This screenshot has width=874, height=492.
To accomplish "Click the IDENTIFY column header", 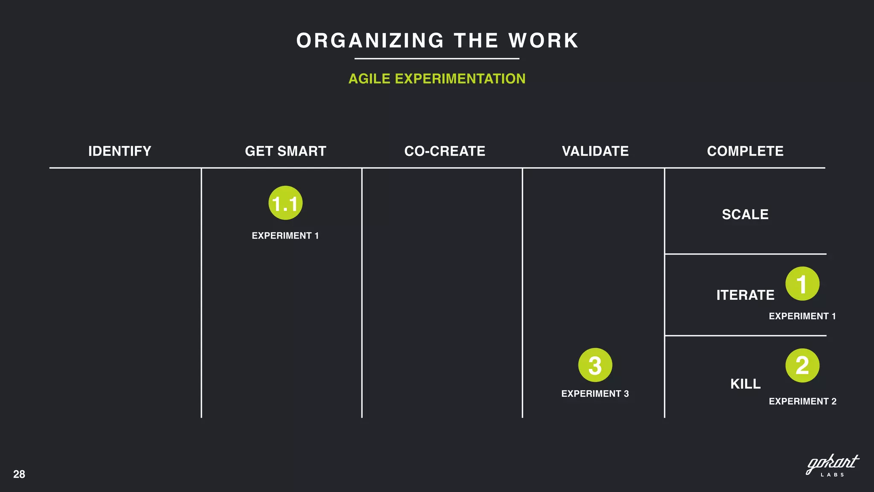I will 119,151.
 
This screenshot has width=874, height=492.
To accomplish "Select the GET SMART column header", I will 286,151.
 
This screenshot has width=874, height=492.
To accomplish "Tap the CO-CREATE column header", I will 445,151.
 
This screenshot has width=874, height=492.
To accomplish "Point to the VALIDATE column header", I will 595,151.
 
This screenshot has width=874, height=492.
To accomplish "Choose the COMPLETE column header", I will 745,151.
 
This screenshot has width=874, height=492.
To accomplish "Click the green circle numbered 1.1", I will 286,203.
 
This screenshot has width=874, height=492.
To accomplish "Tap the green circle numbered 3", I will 595,365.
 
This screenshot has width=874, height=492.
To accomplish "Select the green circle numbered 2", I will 802,365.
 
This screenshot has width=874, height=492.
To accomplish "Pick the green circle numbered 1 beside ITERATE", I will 802,284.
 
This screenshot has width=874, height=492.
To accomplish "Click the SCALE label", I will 745,214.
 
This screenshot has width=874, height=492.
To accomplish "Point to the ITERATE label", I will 745,295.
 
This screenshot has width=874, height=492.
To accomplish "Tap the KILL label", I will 745,384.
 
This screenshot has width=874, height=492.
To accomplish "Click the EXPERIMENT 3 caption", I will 595,394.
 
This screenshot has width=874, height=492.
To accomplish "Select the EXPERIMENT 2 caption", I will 802,401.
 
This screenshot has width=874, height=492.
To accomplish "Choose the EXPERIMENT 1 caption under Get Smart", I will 285,236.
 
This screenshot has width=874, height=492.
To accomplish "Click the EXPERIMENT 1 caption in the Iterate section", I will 802,316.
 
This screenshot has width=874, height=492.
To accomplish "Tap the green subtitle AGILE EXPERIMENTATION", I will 437,79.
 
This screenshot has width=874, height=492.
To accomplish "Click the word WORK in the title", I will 543,41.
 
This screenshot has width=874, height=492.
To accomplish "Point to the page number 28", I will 19,474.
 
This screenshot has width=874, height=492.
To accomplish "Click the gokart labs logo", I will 832,466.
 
